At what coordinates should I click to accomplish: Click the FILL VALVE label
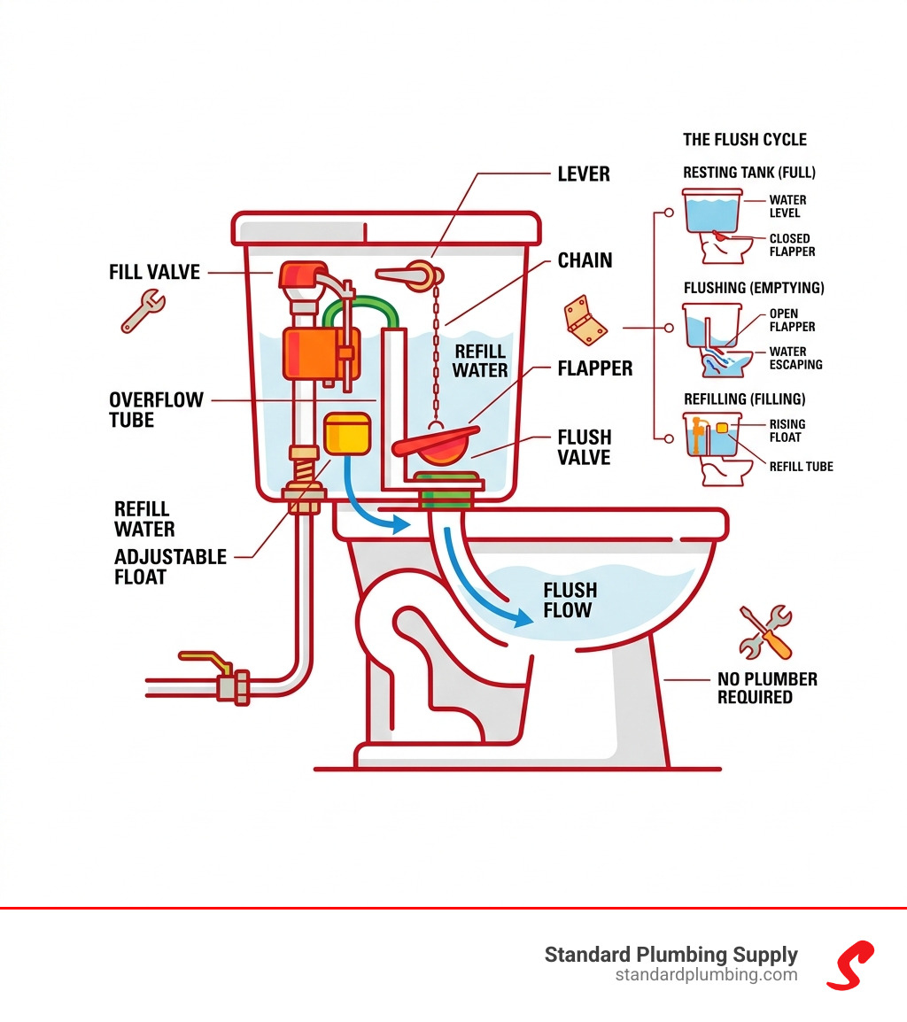pos(155,272)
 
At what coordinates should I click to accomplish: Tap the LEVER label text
pos(583,174)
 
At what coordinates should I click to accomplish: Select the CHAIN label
pos(585,260)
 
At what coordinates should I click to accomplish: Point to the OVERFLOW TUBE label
pos(156,409)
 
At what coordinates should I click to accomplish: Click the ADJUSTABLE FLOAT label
pos(170,567)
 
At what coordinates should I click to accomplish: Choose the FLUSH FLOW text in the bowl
pos(570,600)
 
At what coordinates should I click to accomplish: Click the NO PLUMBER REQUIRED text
pos(767,688)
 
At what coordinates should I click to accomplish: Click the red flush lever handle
pos(407,275)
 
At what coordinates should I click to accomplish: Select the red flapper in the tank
pos(438,442)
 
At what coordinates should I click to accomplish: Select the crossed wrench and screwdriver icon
pos(764,631)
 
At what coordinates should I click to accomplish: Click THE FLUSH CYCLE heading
pos(745,140)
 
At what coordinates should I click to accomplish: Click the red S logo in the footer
pos(850,964)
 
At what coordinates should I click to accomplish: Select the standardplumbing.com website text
pos(706,975)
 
